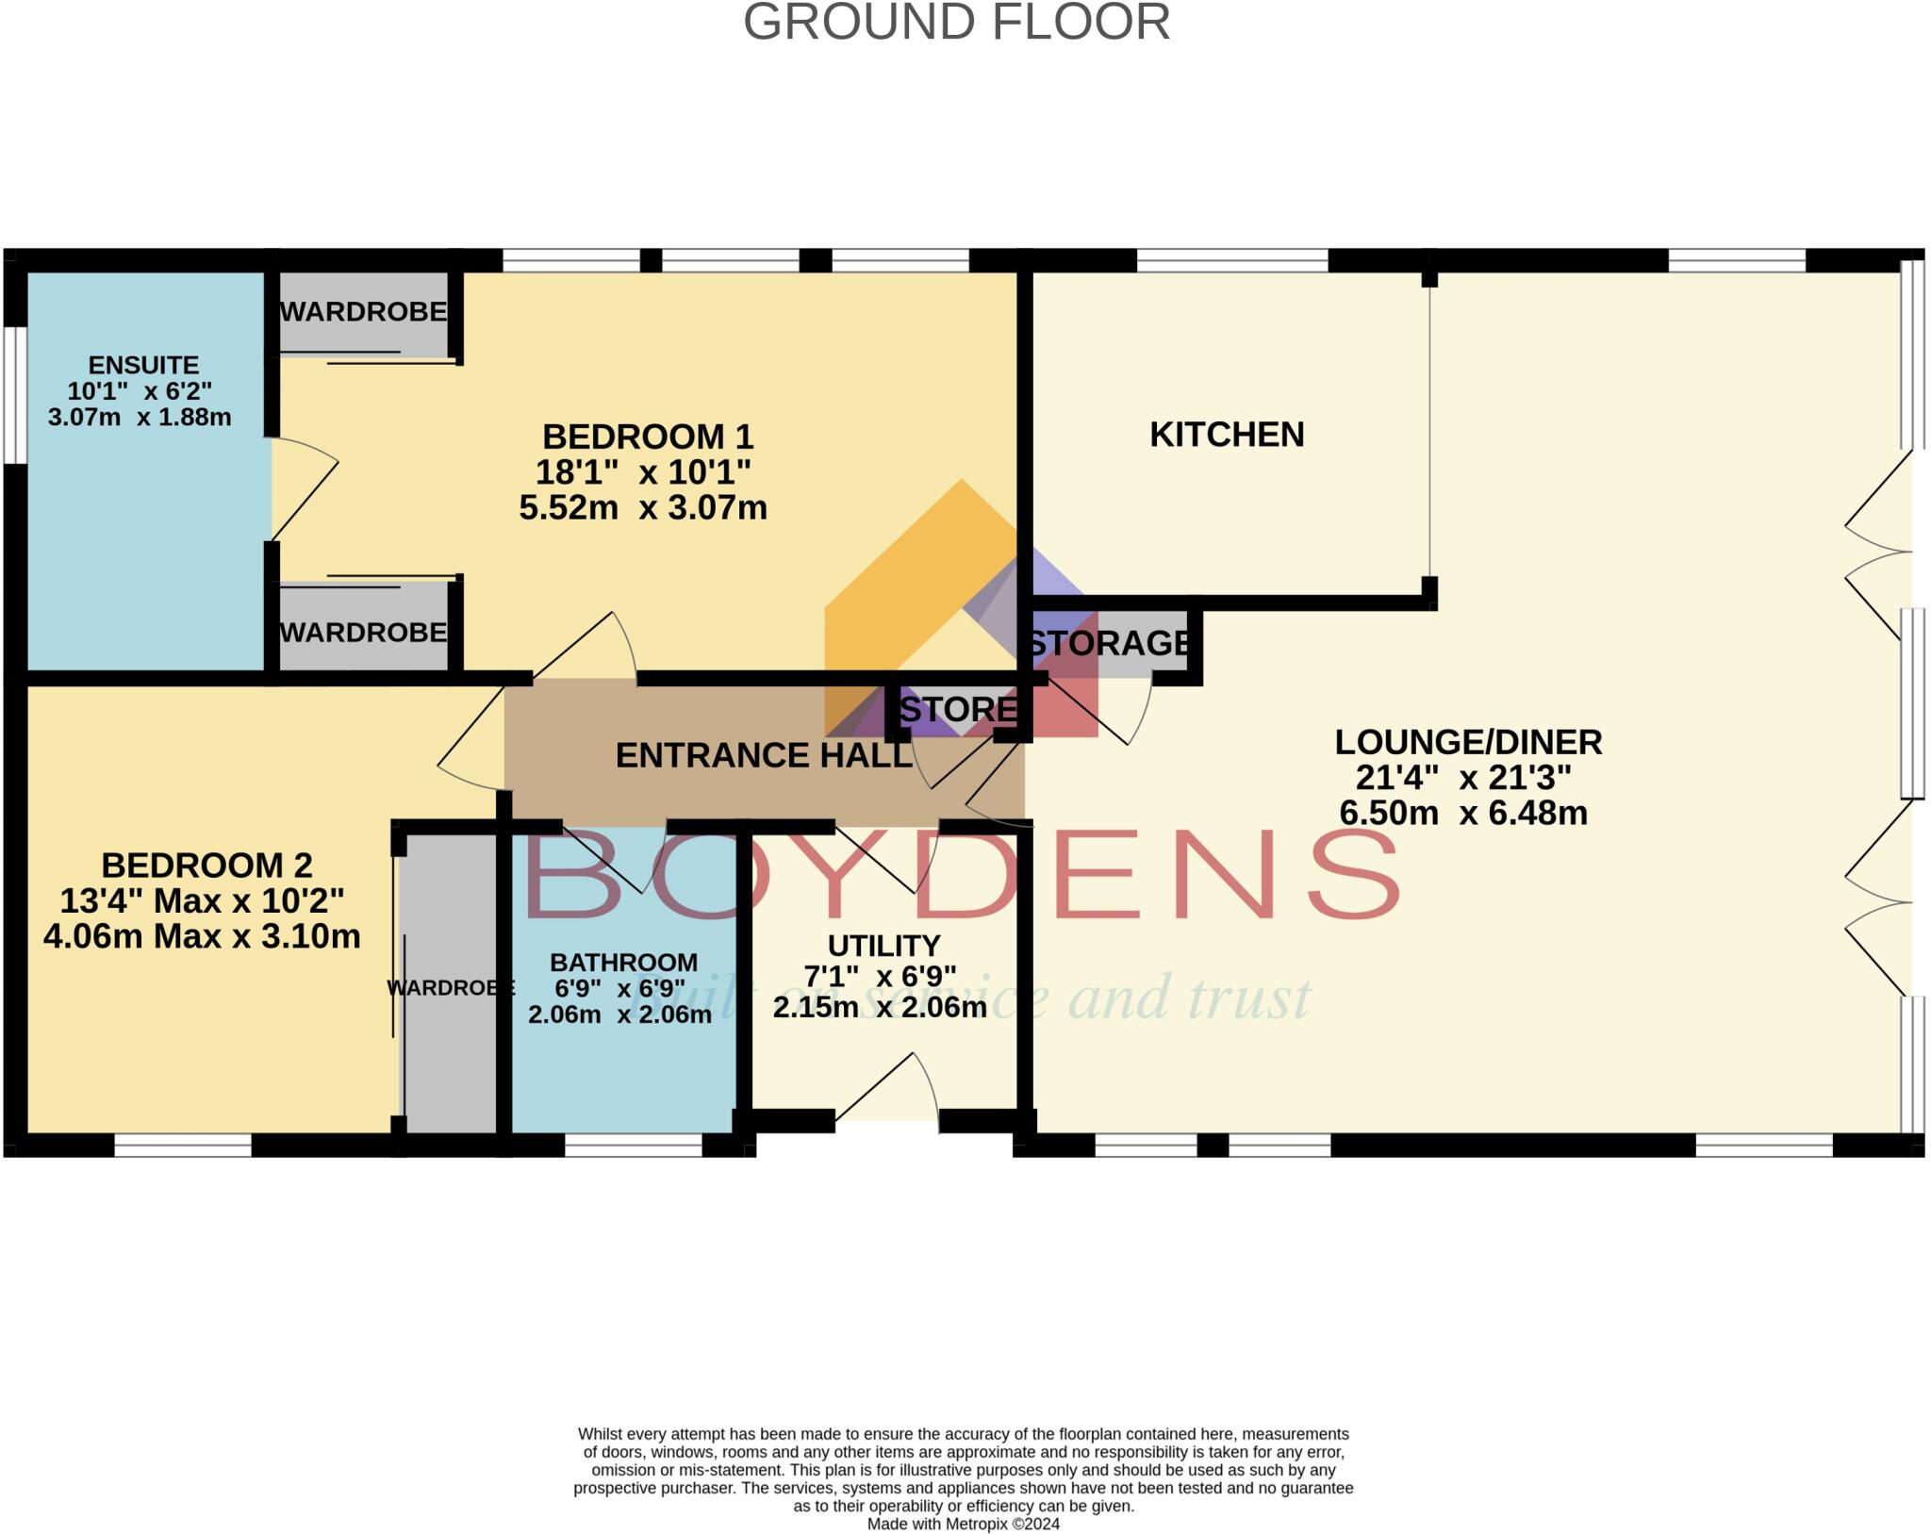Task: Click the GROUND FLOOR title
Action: click(x=956, y=23)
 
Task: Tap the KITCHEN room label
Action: click(x=1227, y=435)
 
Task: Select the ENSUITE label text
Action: click(x=143, y=365)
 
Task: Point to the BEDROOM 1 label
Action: click(x=648, y=437)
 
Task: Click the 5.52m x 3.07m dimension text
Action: click(x=643, y=508)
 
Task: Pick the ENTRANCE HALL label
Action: click(x=764, y=755)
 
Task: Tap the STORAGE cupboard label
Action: click(x=1109, y=643)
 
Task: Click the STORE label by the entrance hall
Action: click(x=958, y=709)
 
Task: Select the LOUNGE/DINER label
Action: click(x=1468, y=742)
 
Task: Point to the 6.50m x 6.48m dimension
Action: click(x=1463, y=813)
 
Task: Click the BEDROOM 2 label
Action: click(x=206, y=866)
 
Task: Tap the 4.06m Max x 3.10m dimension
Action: click(x=202, y=936)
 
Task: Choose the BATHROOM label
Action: click(x=624, y=963)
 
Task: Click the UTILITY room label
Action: click(x=883, y=946)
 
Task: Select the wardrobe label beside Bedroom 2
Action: click(x=451, y=988)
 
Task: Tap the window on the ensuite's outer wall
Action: click(x=16, y=395)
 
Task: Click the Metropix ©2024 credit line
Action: click(x=964, y=1524)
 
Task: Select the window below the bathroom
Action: click(x=634, y=1145)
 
